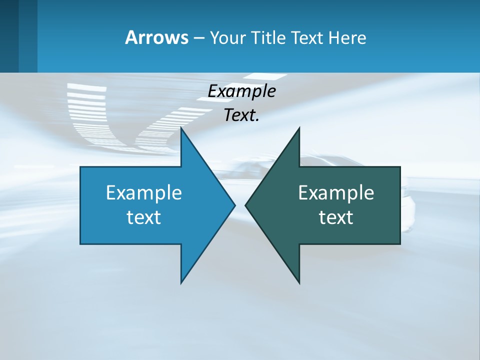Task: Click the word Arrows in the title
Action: click(x=156, y=37)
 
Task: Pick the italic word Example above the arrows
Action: click(x=241, y=91)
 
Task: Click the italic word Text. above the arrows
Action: click(x=241, y=115)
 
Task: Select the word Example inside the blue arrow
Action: click(x=144, y=193)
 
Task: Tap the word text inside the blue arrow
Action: click(x=144, y=217)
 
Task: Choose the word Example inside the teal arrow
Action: click(x=336, y=193)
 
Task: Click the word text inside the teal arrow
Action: click(x=336, y=217)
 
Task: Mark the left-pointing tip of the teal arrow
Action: click(x=246, y=205)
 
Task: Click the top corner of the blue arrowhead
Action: click(x=181, y=129)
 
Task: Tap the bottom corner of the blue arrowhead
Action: click(x=181, y=282)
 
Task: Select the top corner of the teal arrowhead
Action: click(x=299, y=129)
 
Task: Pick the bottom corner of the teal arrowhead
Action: click(x=299, y=282)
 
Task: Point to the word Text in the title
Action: click(x=308, y=38)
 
